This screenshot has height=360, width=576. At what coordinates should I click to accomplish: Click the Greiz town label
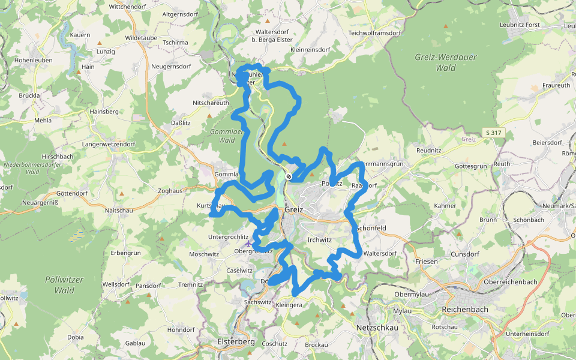click(295, 210)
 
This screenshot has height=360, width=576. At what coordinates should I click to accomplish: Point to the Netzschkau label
click(378, 328)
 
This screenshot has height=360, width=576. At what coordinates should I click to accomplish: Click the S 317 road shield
click(493, 133)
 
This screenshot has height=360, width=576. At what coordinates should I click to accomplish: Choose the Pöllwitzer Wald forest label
click(64, 285)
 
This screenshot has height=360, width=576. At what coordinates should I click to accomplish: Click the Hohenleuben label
click(33, 61)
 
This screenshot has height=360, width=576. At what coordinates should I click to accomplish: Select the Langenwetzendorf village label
click(109, 145)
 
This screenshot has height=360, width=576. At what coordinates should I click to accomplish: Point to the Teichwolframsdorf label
click(373, 33)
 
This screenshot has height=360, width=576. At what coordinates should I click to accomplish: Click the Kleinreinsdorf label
click(310, 50)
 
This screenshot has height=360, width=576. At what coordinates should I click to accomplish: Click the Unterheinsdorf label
click(527, 334)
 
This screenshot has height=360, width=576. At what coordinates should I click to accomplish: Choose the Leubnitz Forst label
click(520, 25)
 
